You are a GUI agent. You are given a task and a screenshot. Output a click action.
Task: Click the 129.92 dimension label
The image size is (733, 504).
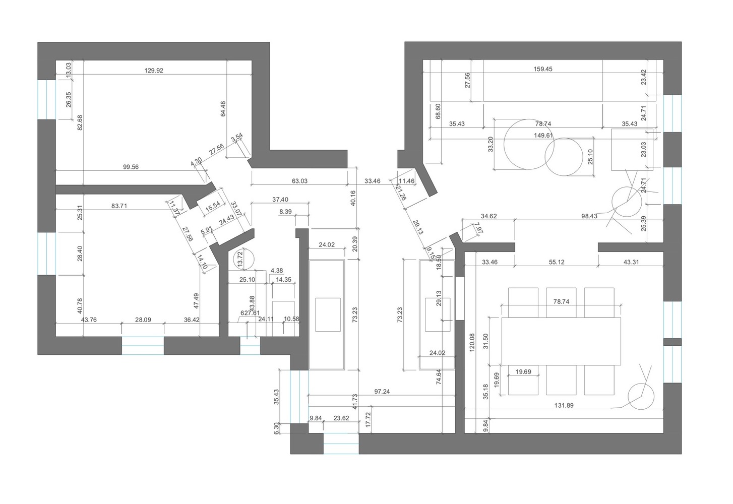click(x=154, y=71)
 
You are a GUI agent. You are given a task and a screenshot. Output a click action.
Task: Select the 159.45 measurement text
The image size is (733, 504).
click(x=543, y=69)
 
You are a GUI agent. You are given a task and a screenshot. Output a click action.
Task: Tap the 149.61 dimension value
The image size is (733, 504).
click(x=543, y=135)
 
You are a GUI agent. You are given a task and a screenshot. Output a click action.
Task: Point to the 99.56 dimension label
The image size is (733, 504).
click(x=131, y=167)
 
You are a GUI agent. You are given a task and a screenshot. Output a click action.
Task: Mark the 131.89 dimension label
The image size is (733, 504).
click(x=564, y=405)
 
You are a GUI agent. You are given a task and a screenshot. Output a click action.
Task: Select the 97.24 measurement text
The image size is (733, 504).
click(x=382, y=391)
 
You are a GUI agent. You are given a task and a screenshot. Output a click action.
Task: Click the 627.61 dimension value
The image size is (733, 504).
click(x=250, y=313)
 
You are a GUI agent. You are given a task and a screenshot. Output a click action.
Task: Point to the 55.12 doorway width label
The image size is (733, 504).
click(x=557, y=262)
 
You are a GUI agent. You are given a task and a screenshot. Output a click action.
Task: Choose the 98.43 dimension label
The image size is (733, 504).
click(x=589, y=216)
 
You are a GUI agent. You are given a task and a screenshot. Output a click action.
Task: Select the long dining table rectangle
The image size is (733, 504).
click(x=561, y=341)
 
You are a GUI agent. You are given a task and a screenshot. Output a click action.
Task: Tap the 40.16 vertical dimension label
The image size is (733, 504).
click(x=353, y=198)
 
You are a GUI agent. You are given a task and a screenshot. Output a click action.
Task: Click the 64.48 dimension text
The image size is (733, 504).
click(x=223, y=109)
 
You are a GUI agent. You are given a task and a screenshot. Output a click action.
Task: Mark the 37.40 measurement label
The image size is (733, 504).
click(x=280, y=200)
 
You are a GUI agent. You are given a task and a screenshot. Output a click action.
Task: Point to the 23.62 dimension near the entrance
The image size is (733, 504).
click(x=341, y=418)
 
